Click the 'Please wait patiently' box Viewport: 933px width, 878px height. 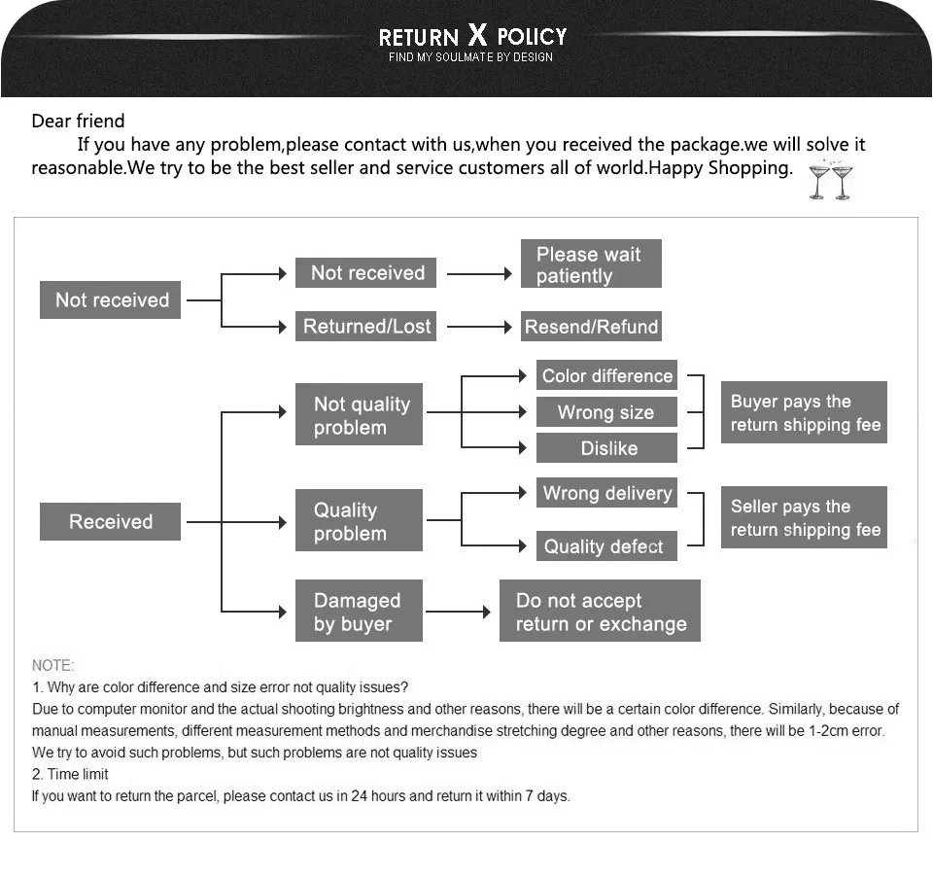click(591, 263)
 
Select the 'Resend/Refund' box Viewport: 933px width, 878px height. click(591, 327)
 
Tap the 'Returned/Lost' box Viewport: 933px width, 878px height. click(366, 327)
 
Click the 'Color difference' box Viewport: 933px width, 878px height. click(607, 376)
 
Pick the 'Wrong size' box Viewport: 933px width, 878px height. click(606, 412)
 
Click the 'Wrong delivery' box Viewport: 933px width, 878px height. click(607, 493)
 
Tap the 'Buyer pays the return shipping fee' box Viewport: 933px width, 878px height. click(804, 413)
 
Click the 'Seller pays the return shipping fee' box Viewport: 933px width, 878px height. click(804, 518)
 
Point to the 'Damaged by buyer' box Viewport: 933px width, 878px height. click(359, 612)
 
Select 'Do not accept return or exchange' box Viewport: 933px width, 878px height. click(600, 612)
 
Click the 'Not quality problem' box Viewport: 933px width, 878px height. click(359, 416)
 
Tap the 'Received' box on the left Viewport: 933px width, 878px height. click(110, 522)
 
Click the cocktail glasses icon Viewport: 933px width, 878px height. click(831, 181)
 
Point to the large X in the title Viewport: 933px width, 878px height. click(477, 36)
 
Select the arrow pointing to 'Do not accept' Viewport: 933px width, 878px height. click(459, 612)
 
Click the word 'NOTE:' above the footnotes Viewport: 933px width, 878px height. click(52, 666)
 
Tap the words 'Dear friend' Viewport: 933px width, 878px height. click(79, 122)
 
